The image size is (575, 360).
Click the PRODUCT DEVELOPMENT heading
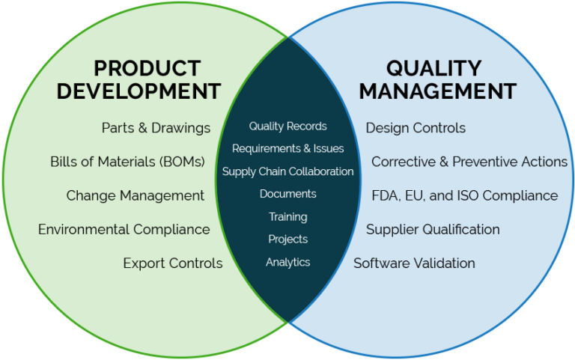(139, 80)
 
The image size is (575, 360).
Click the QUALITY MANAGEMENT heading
(437, 80)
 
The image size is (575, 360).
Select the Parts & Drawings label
(156, 128)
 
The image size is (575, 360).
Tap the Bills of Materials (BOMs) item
(127, 162)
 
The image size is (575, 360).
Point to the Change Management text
(135, 195)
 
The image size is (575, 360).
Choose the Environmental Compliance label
(124, 229)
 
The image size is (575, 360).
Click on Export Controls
(172, 263)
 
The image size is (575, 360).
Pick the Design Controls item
(416, 128)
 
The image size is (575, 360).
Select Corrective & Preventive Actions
(469, 162)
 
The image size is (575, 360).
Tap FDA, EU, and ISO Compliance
(464, 195)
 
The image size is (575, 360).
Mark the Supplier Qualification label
(433, 229)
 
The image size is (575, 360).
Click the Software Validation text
(414, 263)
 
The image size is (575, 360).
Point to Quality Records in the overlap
(287, 126)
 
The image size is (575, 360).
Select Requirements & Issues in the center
(287, 149)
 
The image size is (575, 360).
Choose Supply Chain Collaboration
(287, 171)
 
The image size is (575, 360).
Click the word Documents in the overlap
(287, 194)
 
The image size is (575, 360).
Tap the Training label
(287, 217)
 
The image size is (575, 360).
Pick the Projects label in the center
(287, 240)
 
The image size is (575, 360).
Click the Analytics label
(287, 262)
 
